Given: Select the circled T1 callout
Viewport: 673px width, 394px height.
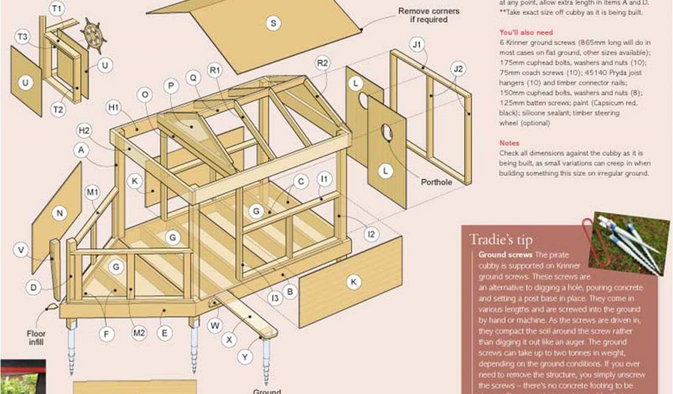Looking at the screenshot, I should (57, 9).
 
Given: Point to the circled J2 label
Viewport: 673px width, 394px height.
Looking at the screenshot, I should (459, 68).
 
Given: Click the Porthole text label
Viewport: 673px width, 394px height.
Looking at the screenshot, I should (436, 182).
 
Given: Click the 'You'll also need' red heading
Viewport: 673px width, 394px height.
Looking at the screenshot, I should (526, 32).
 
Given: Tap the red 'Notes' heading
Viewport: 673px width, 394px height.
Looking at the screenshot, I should (509, 142).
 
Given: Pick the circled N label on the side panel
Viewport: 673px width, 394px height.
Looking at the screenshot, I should (60, 213).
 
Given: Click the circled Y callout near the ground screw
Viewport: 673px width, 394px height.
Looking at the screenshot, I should (245, 357).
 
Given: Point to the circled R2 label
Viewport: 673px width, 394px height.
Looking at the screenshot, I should (322, 63).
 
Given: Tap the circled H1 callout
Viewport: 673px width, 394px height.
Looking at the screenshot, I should (114, 107).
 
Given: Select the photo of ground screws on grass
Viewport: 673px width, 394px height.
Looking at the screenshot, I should (628, 242).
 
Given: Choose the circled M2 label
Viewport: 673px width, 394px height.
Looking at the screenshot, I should (139, 333).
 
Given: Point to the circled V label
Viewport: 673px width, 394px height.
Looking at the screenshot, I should (21, 250).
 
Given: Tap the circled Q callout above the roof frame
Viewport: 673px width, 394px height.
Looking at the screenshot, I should (193, 77).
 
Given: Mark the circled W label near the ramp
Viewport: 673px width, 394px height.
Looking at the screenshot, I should (215, 324).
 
